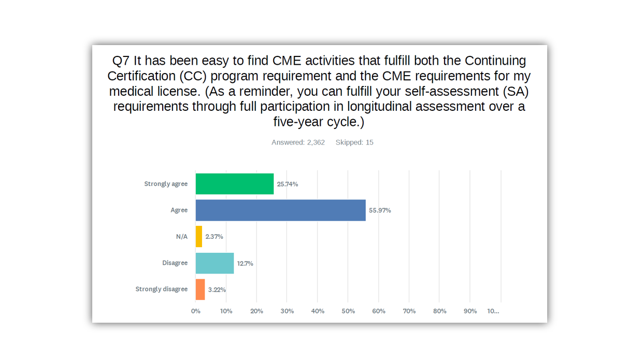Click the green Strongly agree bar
pyautogui.click(x=234, y=184)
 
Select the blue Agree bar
pyautogui.click(x=280, y=210)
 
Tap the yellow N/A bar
pyautogui.click(x=199, y=237)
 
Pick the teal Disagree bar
pyautogui.click(x=215, y=263)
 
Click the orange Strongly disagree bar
pyautogui.click(x=200, y=290)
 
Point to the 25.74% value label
pyautogui.click(x=288, y=184)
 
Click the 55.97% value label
pyautogui.click(x=380, y=210)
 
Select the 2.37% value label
pyautogui.click(x=214, y=237)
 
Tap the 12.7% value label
pyautogui.click(x=245, y=263)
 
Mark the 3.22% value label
pyautogui.click(x=217, y=290)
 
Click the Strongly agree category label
pyautogui.click(x=166, y=184)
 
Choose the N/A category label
pyautogui.click(x=181, y=237)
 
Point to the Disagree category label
pyautogui.click(x=175, y=263)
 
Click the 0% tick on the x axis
pyautogui.click(x=196, y=311)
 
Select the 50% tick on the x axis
pyautogui.click(x=348, y=311)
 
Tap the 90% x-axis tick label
pyautogui.click(x=470, y=311)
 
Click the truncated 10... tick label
pyautogui.click(x=493, y=311)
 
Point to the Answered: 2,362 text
pyautogui.click(x=298, y=142)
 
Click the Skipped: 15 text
pyautogui.click(x=354, y=142)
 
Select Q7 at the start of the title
pyautogui.click(x=121, y=61)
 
